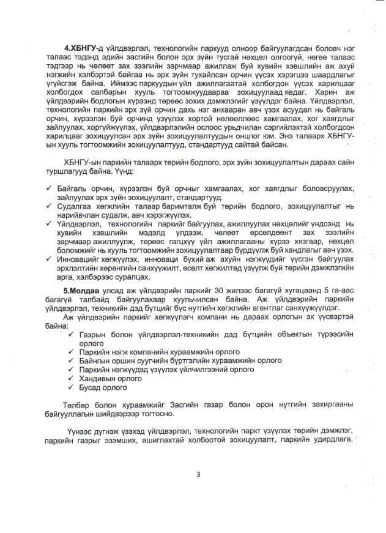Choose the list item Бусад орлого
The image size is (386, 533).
coord(103,387)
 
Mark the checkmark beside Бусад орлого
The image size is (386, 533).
coord(73,387)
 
